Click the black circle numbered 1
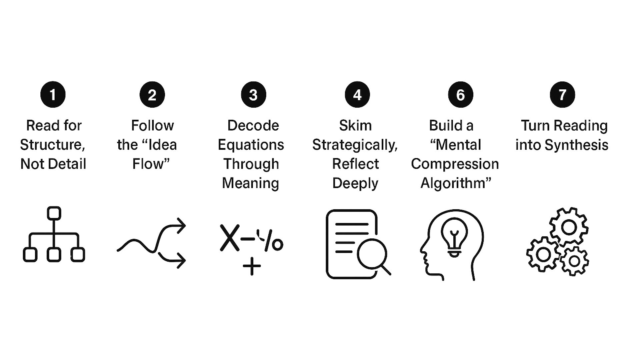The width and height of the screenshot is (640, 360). pos(53,95)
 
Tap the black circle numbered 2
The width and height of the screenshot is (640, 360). pos(152,95)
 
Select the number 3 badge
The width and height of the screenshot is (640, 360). pos(253,95)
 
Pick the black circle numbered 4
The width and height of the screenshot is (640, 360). pos(357,95)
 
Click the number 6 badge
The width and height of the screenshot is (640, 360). pos(460,95)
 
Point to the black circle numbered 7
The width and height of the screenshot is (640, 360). pos(562,95)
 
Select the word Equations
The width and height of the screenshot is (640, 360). pos(251,145)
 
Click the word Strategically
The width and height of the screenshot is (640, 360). pos(355,145)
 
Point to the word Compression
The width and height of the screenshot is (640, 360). pos(455,164)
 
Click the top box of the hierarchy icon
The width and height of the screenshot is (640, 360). pos(54,213)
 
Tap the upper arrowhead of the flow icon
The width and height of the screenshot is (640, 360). pos(181,226)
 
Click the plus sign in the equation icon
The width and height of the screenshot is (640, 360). pos(252,266)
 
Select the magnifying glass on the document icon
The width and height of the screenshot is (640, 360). pos(372,254)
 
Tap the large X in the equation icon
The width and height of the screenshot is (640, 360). pos(230,238)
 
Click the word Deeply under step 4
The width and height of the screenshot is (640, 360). pos(355,183)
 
